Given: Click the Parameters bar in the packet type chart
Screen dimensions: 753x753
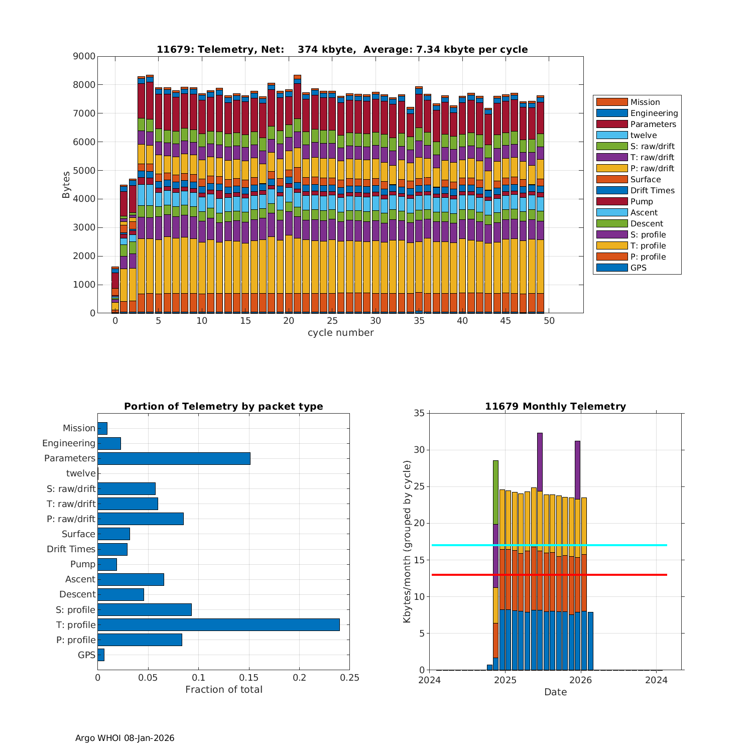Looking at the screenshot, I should pyautogui.click(x=174, y=458).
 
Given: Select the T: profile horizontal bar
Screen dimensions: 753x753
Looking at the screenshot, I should pyautogui.click(x=218, y=624).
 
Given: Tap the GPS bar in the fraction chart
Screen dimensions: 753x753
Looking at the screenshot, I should pyautogui.click(x=101, y=655).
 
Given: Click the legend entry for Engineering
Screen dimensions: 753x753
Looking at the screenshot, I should pyautogui.click(x=654, y=113).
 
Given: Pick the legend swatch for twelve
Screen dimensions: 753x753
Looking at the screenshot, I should pyautogui.click(x=612, y=136).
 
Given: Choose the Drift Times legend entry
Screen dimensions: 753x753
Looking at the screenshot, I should pyautogui.click(x=652, y=191).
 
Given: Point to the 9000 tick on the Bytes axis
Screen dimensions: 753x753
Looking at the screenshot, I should pyautogui.click(x=84, y=56).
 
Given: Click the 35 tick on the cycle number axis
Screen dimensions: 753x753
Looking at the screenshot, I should pyautogui.click(x=419, y=321).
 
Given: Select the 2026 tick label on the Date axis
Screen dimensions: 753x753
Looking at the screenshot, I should pyautogui.click(x=581, y=680).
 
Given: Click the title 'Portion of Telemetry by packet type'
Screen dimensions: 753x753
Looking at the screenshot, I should pyautogui.click(x=223, y=407).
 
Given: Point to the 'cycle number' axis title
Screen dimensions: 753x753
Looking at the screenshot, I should pyautogui.click(x=340, y=333).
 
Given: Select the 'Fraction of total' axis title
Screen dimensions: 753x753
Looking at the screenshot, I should pyautogui.click(x=223, y=690).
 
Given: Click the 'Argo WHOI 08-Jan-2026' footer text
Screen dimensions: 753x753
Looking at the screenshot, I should pyautogui.click(x=124, y=738).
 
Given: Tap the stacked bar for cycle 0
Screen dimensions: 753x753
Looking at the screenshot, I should pyautogui.click(x=115, y=291).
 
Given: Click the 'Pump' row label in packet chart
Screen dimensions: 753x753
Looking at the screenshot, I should pyautogui.click(x=83, y=564).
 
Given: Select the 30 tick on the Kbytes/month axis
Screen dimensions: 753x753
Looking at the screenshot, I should pyautogui.click(x=420, y=450).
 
